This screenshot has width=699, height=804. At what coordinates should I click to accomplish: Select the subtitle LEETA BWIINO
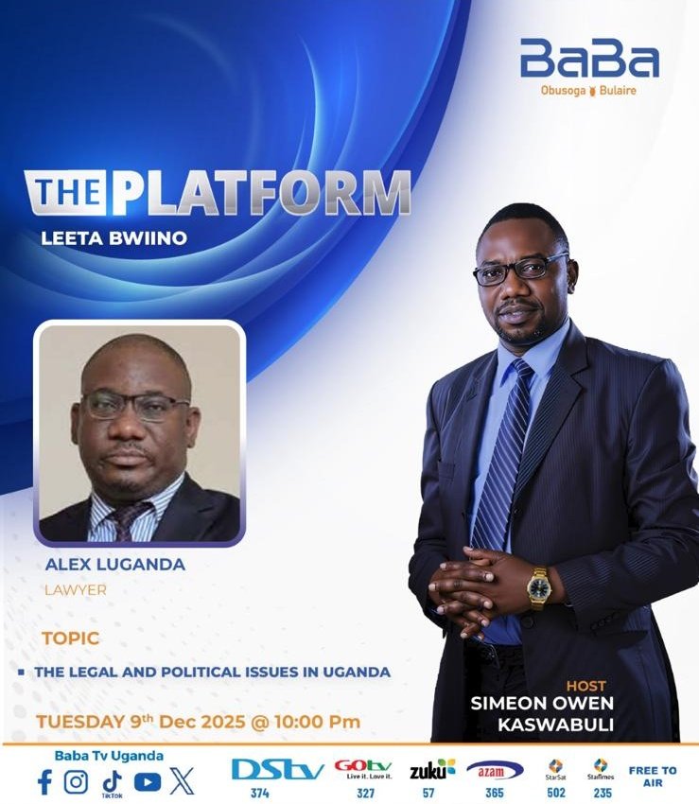114,238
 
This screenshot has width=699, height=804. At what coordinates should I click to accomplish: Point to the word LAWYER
76,590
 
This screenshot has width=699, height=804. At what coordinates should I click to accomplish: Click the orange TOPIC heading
70,638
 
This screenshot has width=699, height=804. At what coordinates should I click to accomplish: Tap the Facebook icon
44,781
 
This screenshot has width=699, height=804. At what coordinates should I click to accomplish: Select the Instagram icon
76,781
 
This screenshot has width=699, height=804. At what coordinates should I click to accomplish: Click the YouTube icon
147,781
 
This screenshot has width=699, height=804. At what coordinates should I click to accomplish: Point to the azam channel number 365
494,794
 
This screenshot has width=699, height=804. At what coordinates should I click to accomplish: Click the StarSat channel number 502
556,794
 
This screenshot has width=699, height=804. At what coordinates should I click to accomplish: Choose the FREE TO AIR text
653,777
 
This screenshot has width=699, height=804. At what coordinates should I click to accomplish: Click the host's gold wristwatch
538,586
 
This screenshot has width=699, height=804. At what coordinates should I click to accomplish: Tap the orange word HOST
586,686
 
